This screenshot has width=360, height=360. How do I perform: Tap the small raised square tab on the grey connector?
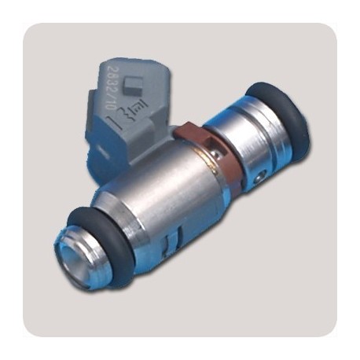pos(134,85)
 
